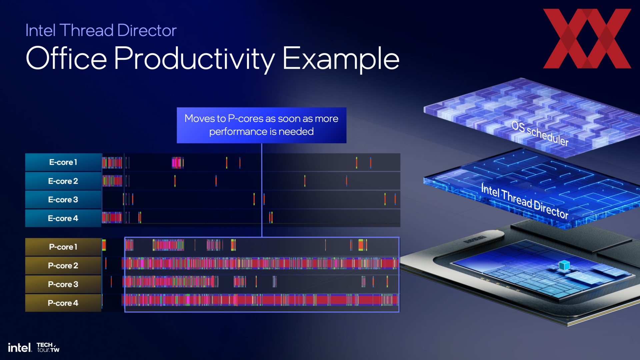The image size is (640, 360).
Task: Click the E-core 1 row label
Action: pos(63,162)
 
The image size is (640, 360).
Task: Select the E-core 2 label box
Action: pos(63,181)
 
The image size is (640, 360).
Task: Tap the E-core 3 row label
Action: pos(63,200)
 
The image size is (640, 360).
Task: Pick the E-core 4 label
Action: pos(63,218)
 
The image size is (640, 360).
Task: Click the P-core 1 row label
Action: pos(63,247)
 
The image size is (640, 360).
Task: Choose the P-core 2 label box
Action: pos(63,266)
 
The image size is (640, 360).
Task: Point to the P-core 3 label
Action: pos(63,284)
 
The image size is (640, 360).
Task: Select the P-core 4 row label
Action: pos(63,303)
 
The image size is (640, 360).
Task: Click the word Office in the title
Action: pos(66,58)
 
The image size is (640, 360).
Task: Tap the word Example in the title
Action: pos(341,59)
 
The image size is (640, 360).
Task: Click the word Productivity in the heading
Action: pos(195,59)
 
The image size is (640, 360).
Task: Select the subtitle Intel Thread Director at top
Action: pos(101,30)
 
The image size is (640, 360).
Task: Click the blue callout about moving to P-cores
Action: pos(262,125)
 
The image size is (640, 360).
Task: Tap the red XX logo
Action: pos(587,39)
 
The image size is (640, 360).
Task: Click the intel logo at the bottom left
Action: pos(20,348)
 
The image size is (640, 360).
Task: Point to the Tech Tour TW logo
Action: pos(48,347)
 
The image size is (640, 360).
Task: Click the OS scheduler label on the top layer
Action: pos(540,133)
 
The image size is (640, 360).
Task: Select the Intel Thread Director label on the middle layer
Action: pos(525,201)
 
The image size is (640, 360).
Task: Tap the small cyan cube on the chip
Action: pos(564,265)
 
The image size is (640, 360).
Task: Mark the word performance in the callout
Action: pos(238,132)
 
